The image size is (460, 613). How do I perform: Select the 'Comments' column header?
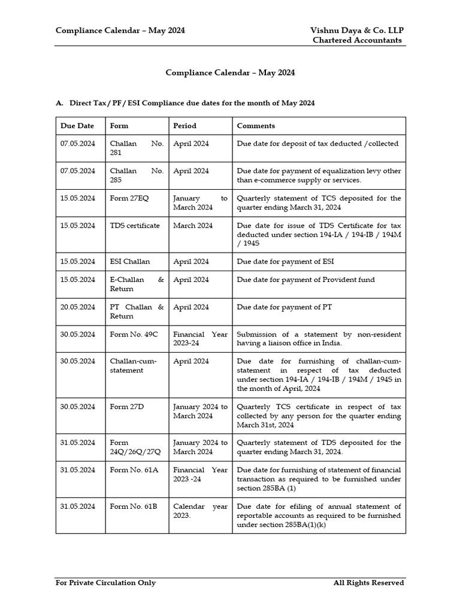tap(256, 126)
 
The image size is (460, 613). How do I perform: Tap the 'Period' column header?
tap(184, 126)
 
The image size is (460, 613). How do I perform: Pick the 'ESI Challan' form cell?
tap(130, 262)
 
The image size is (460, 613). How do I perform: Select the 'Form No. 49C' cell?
tap(134, 334)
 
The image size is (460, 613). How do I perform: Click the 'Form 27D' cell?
tap(127, 406)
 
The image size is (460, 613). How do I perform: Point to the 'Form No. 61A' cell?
tap(134, 470)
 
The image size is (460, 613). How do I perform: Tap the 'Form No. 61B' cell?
tap(134, 506)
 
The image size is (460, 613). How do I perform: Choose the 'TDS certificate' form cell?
tap(135, 226)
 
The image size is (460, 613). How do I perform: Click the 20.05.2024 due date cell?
tap(77, 307)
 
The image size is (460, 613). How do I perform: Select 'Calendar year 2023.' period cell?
tap(200, 511)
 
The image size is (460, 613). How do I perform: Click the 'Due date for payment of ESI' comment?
tap(285, 262)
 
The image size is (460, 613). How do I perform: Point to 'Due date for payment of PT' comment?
tap(284, 307)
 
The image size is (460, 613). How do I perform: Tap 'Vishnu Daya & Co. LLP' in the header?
tap(357, 31)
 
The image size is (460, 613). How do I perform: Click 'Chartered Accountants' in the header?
tap(357, 40)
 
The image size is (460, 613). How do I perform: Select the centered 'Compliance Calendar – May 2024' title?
tap(230, 72)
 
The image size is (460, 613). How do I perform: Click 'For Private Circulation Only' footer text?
tap(105, 582)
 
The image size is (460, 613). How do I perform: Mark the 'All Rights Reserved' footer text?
tap(368, 582)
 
